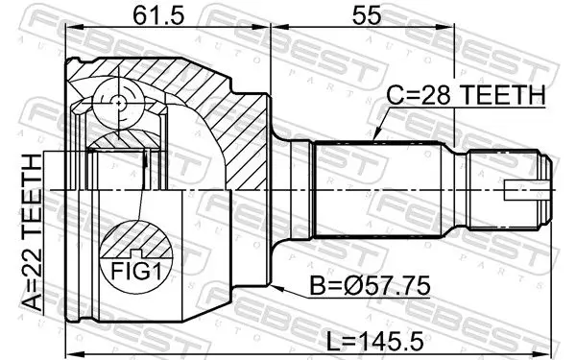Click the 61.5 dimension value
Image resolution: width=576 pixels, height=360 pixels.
(x=158, y=15)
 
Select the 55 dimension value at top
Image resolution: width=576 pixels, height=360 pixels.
(x=367, y=15)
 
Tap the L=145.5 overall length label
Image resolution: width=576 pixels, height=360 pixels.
(x=375, y=340)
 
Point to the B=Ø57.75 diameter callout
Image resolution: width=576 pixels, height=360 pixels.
(x=370, y=286)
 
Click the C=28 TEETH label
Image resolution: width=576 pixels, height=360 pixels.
(x=466, y=95)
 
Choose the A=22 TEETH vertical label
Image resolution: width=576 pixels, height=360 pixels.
(x=32, y=233)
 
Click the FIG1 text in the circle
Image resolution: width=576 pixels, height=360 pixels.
(x=136, y=272)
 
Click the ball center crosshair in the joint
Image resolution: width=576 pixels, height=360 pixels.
(x=119, y=104)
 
